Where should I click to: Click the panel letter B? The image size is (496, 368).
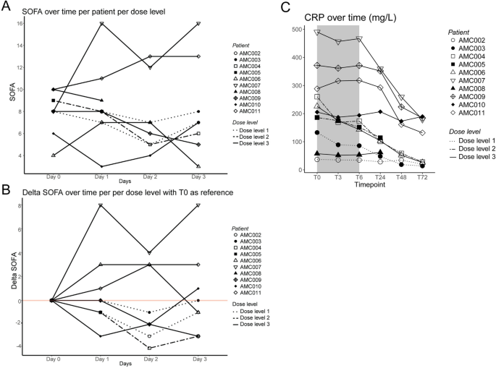tap(7, 189)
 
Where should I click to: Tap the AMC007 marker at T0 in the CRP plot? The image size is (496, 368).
tap(317, 33)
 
